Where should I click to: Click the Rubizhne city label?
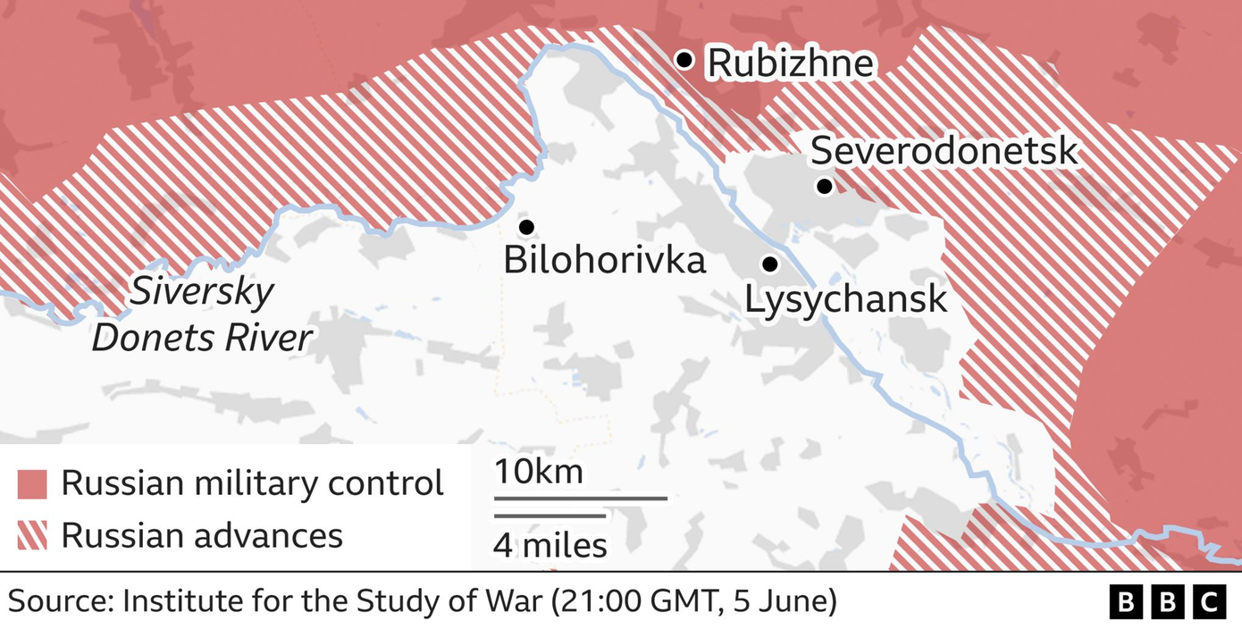789,63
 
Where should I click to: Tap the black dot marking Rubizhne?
684,60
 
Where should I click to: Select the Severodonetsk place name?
944,151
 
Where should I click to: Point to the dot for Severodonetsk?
824,186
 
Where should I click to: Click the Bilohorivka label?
604,260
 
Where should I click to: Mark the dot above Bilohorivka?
526,227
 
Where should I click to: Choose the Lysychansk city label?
845,299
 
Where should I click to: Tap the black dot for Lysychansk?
768,264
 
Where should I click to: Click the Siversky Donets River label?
202,315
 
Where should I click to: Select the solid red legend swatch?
32,484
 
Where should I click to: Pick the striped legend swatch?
32,536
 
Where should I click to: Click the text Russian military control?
253,483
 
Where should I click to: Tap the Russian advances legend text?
202,535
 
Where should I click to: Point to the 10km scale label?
539,471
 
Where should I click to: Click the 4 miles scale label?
550,544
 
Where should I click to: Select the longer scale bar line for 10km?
581,498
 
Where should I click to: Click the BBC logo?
1167,602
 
